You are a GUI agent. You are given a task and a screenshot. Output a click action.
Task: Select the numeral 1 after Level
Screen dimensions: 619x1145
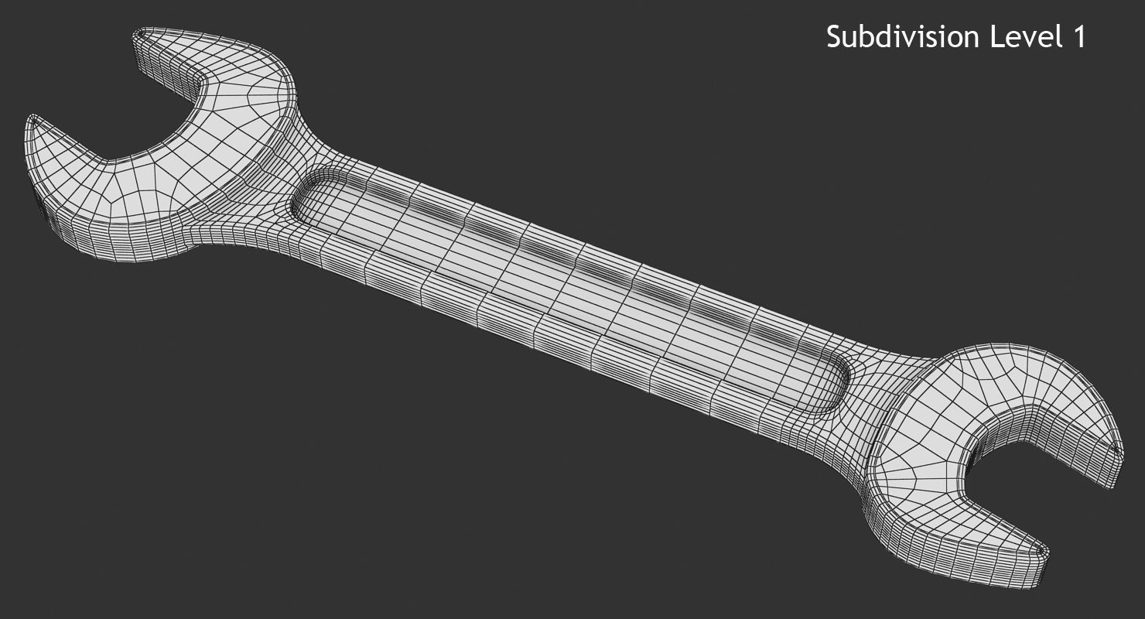click(1078, 37)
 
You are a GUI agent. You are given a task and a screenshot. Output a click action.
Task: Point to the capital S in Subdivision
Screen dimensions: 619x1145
click(834, 37)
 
